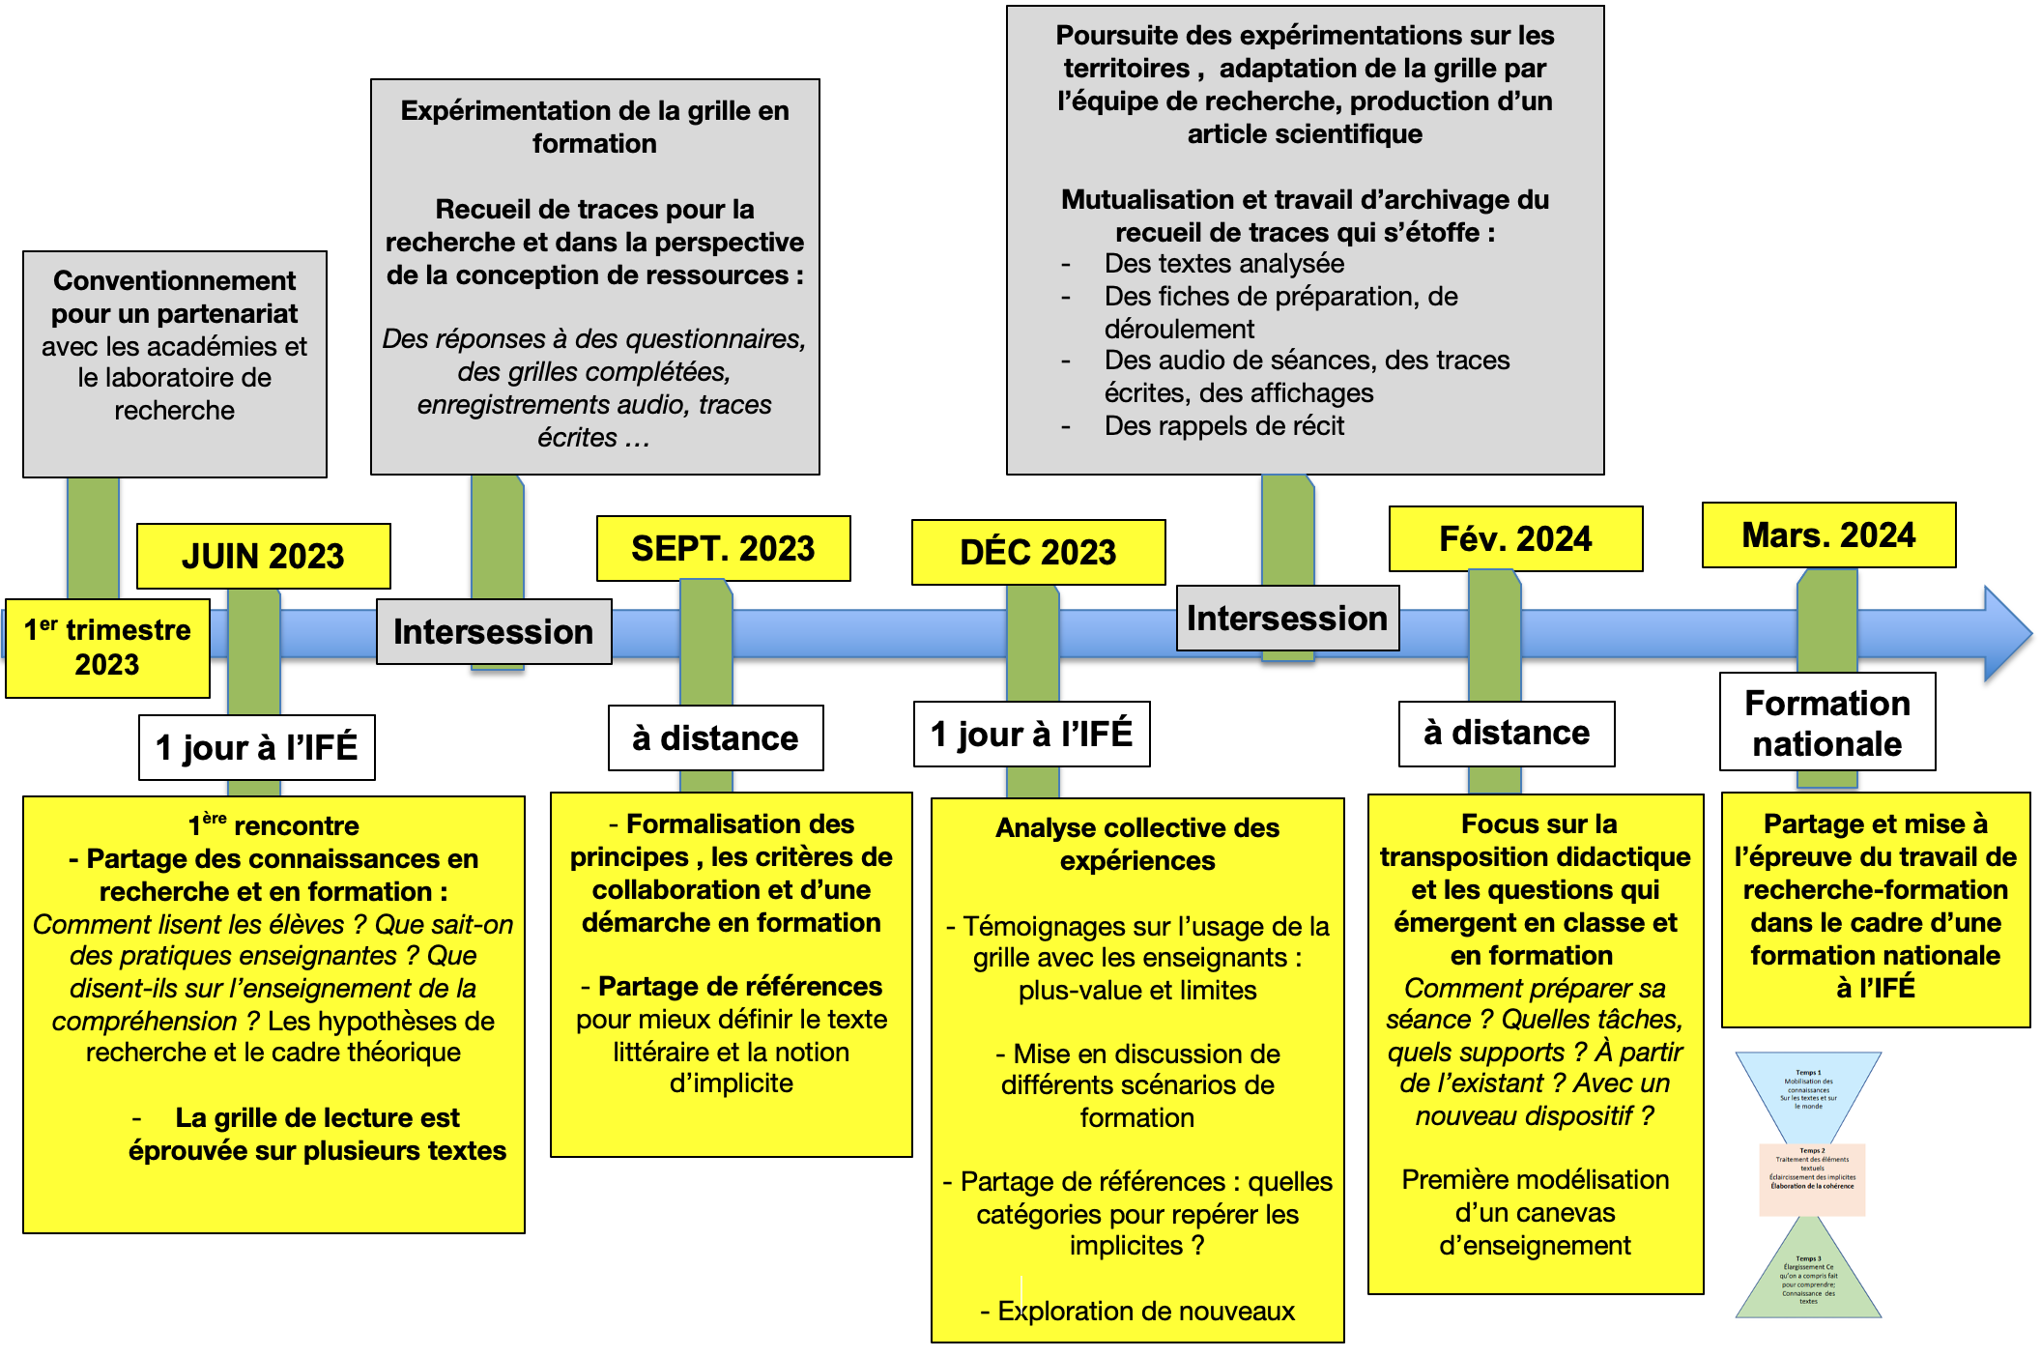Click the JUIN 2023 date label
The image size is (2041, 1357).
coord(263,556)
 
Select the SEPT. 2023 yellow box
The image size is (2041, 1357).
coord(723,548)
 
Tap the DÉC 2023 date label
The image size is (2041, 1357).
coord(1038,552)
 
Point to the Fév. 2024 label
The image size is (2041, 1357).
coord(1515,538)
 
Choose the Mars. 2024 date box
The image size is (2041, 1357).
coord(1828,534)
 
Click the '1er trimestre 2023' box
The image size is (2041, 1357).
coord(107,648)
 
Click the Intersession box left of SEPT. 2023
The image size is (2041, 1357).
coord(493,631)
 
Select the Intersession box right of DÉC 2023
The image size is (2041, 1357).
coord(1287,618)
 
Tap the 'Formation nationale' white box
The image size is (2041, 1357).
coord(1827,722)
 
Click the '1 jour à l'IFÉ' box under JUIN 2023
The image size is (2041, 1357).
coord(256,747)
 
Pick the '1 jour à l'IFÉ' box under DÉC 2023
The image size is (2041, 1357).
coord(1031,734)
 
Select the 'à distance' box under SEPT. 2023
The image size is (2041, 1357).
coord(715,737)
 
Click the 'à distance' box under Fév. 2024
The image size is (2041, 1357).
coord(1507,733)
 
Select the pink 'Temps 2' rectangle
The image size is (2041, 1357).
coord(1812,1179)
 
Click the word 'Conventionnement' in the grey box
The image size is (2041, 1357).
coord(175,280)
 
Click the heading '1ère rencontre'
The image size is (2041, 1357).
coord(273,825)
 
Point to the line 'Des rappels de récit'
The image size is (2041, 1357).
coord(1223,425)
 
